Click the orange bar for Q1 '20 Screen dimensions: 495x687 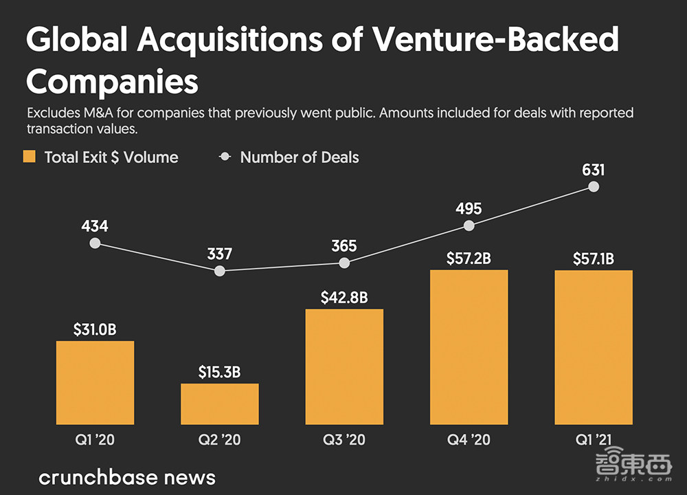point(95,382)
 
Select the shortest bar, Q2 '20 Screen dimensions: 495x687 point(220,404)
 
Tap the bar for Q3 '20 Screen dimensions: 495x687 point(344,366)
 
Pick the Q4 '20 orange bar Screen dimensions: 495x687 point(469,347)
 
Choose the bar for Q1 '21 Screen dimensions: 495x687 point(594,347)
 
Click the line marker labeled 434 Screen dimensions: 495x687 point(95,243)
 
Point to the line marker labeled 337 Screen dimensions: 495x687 point(220,271)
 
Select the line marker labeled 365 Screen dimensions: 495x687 point(344,263)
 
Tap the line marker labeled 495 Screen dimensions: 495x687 point(469,225)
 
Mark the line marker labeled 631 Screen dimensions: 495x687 point(594,187)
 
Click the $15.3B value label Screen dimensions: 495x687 point(220,373)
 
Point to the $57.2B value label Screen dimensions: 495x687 point(469,259)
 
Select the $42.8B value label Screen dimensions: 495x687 point(344,298)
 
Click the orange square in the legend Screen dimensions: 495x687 point(29,157)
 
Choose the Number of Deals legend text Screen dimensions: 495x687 point(300,157)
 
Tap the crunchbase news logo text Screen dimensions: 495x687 point(127,477)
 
